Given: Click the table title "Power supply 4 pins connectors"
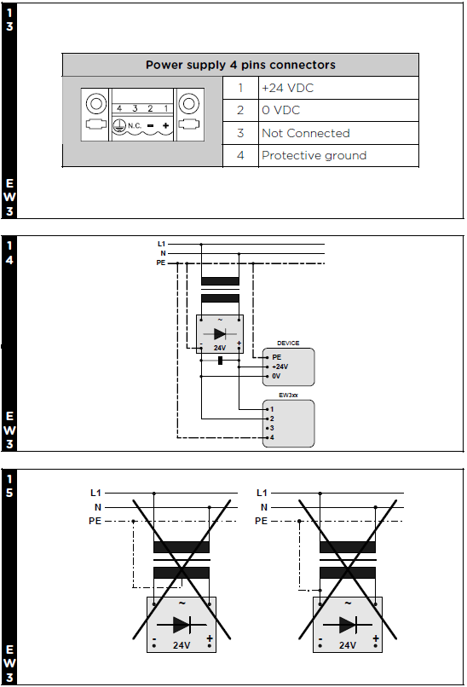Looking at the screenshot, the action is (x=240, y=65).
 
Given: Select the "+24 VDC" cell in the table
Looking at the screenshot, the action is (x=338, y=88).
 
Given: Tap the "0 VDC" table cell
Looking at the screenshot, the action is (x=338, y=111).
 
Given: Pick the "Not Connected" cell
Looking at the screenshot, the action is (x=338, y=133).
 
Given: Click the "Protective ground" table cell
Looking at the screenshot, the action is (x=338, y=155).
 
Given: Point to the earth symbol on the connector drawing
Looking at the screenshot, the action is (x=118, y=126).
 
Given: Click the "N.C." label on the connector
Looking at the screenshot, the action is (x=135, y=126).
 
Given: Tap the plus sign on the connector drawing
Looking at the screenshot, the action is (x=165, y=126).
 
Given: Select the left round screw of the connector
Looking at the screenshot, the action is (x=96, y=104).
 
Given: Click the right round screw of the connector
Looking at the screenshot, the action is (x=189, y=104).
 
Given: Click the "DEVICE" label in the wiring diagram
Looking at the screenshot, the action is (x=288, y=343).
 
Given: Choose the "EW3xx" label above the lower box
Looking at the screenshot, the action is (x=288, y=395).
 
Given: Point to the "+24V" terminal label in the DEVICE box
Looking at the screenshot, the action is (x=280, y=367).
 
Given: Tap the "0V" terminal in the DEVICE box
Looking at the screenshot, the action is (x=276, y=377).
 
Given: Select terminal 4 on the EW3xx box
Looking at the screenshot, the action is (x=272, y=437).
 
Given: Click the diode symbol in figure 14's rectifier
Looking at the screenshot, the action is (x=220, y=334).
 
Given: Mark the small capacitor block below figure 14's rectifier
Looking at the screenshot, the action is (x=221, y=361).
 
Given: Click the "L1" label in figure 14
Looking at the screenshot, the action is (x=161, y=244).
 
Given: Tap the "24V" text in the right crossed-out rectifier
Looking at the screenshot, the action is (x=348, y=645).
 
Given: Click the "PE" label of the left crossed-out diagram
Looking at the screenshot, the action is (x=95, y=521).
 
